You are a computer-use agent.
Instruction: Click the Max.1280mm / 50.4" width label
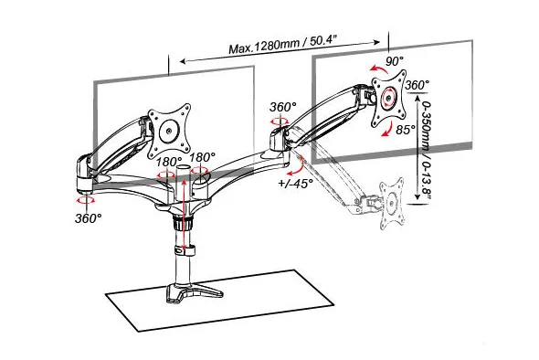tap(282, 45)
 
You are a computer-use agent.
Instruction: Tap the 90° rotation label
tap(394, 61)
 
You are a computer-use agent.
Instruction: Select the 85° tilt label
tap(406, 130)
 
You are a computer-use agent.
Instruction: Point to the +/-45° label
tap(295, 184)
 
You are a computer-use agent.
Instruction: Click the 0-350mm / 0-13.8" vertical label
tap(426, 150)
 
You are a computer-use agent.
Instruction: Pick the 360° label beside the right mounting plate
tap(417, 85)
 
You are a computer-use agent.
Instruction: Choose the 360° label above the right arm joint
tap(282, 107)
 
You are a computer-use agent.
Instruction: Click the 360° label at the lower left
tap(89, 218)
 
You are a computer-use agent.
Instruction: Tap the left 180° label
tap(169, 161)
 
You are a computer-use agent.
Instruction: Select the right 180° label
tap(203, 157)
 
